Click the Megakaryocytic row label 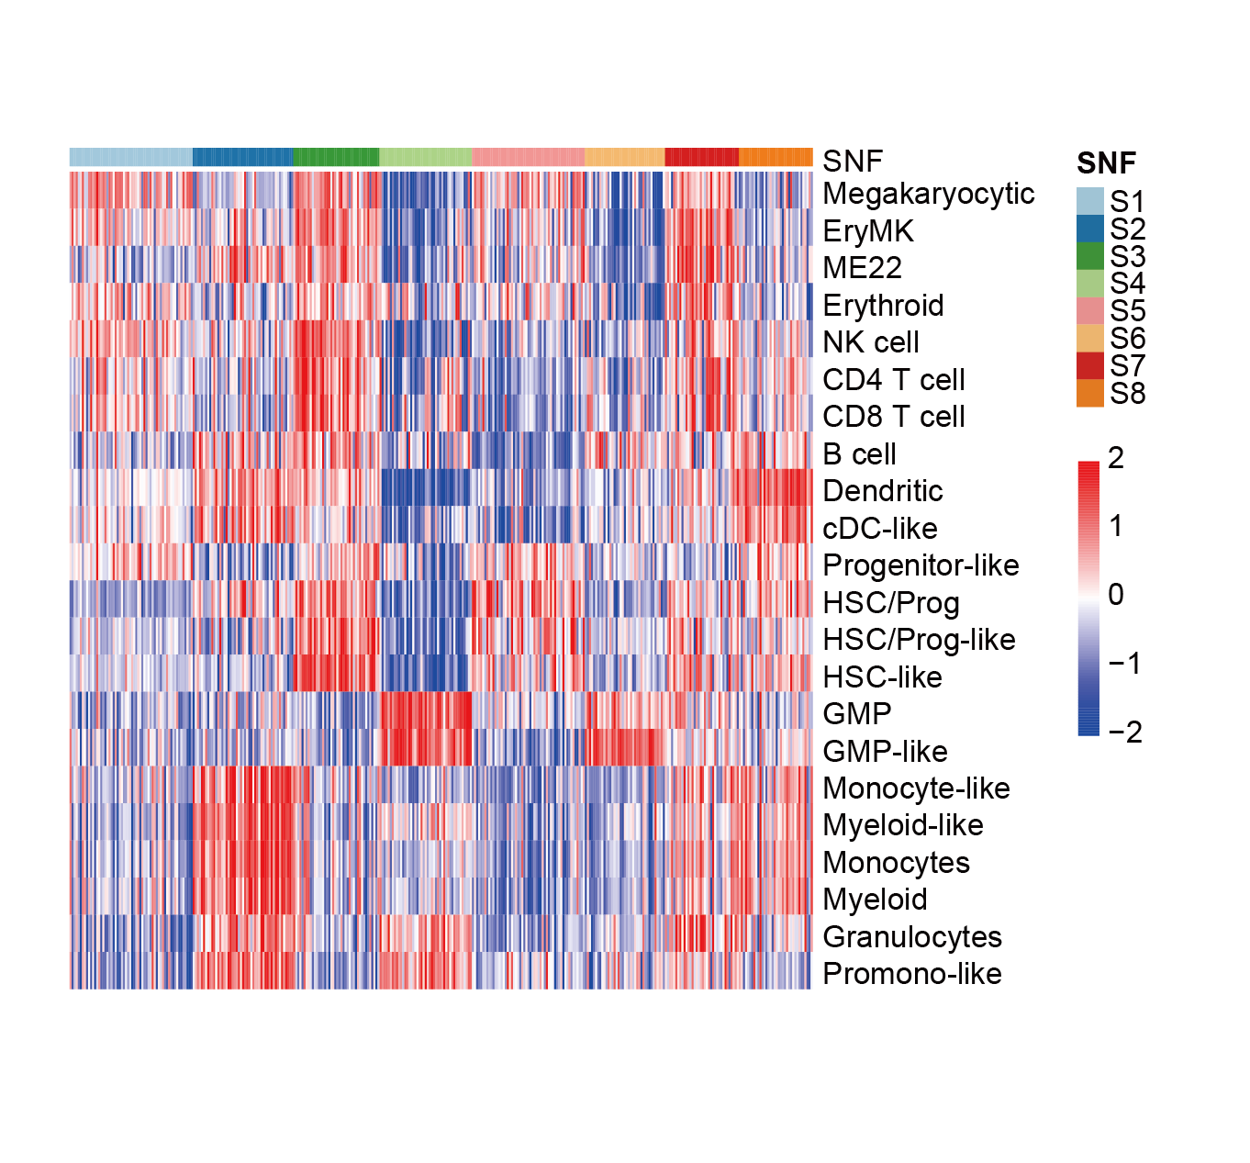[x=928, y=194]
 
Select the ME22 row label [x=862, y=268]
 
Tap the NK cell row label [x=870, y=342]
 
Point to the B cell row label [x=859, y=454]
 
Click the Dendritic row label [x=882, y=491]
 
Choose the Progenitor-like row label [x=921, y=565]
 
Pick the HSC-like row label [x=882, y=677]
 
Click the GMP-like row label [x=885, y=752]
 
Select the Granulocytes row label [x=911, y=937]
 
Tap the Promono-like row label [x=911, y=974]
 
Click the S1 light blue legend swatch [x=1089, y=201]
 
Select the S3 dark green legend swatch [x=1089, y=256]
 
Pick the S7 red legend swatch [x=1089, y=365]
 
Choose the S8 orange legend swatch [x=1089, y=393]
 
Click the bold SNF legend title [x=1106, y=163]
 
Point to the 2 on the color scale [x=1116, y=458]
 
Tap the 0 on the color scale [x=1116, y=595]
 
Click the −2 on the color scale [x=1124, y=732]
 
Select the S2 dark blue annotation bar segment [x=242, y=157]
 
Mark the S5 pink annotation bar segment [x=528, y=157]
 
